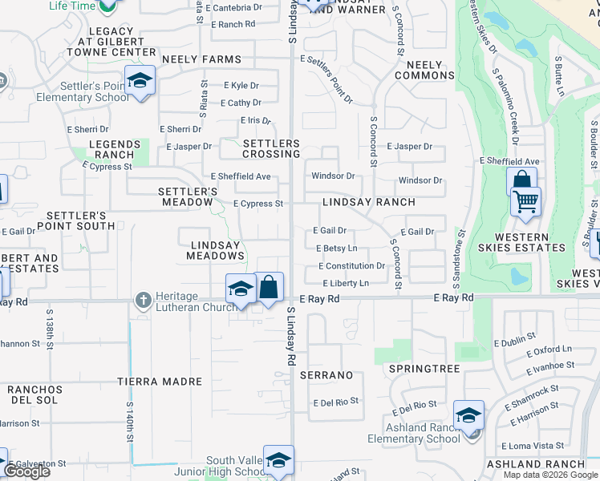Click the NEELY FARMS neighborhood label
(201, 59)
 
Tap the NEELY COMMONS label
(424, 70)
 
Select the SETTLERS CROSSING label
(271, 148)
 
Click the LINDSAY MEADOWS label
(215, 250)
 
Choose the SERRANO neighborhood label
(326, 375)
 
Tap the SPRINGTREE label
(424, 369)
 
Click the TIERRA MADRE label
(159, 382)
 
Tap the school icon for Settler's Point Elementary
(140, 81)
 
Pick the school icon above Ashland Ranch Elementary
(468, 415)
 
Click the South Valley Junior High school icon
(278, 460)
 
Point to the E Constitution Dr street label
(351, 266)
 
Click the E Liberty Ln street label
(346, 284)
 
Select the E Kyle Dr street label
(241, 85)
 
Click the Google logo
(26, 471)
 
